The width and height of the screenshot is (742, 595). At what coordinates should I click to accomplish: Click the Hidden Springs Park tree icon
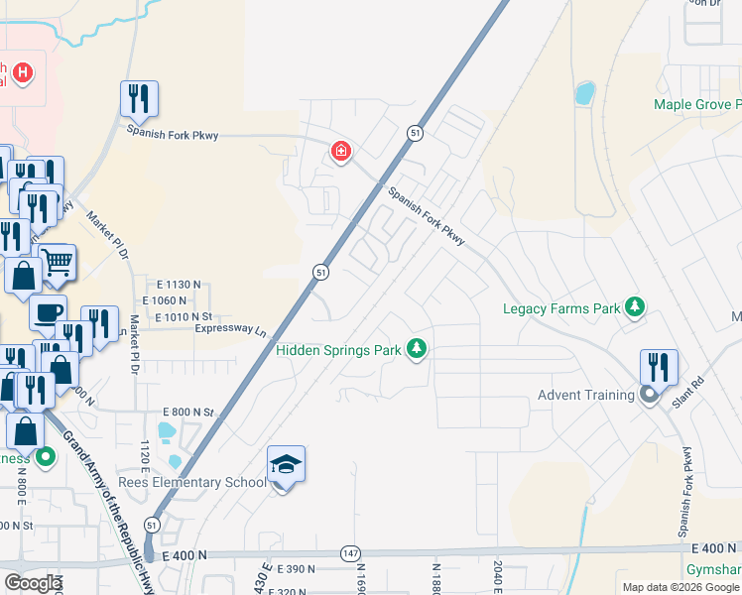click(x=418, y=349)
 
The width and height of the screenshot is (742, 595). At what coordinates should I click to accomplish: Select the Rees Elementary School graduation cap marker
click(x=285, y=465)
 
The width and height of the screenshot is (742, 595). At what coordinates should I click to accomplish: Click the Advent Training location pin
click(x=649, y=396)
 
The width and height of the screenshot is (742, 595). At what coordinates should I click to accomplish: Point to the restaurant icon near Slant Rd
click(x=659, y=367)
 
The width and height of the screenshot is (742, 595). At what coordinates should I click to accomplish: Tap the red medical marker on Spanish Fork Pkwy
click(x=340, y=152)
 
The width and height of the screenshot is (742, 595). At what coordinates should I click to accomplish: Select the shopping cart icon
click(x=58, y=263)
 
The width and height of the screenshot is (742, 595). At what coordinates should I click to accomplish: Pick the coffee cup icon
click(x=47, y=312)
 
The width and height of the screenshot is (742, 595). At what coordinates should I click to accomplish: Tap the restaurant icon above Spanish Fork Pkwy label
click(x=139, y=99)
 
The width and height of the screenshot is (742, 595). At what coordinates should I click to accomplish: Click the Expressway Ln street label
click(x=232, y=329)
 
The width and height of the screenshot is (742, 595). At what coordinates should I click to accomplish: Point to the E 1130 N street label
click(x=179, y=284)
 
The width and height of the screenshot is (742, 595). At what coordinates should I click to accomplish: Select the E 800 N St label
click(x=188, y=412)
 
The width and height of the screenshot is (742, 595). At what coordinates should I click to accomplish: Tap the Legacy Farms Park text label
click(x=561, y=308)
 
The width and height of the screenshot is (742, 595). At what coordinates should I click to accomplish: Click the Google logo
click(x=33, y=583)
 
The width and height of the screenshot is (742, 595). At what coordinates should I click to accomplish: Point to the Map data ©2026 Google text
click(x=681, y=587)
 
